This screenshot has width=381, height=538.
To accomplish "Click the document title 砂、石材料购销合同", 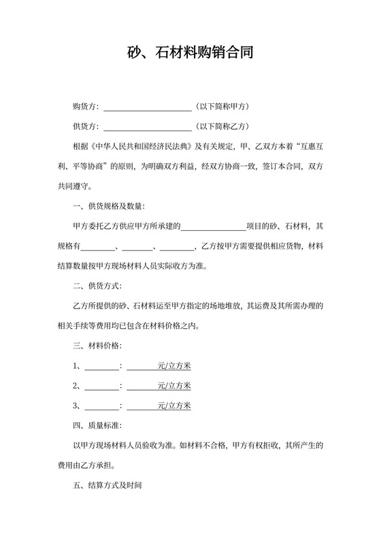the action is tap(190, 52).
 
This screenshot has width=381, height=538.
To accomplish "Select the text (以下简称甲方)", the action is tap(222, 107).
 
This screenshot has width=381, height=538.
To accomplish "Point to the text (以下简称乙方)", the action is tap(222, 126).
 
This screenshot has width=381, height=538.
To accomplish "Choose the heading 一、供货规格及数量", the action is tap(108, 206).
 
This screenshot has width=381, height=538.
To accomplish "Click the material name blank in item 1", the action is tap(101, 367).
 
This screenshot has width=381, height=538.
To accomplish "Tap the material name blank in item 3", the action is tap(101, 407).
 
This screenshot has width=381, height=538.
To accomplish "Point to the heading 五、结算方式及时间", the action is tap(107, 486).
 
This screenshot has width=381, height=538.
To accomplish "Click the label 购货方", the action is tap(84, 107).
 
